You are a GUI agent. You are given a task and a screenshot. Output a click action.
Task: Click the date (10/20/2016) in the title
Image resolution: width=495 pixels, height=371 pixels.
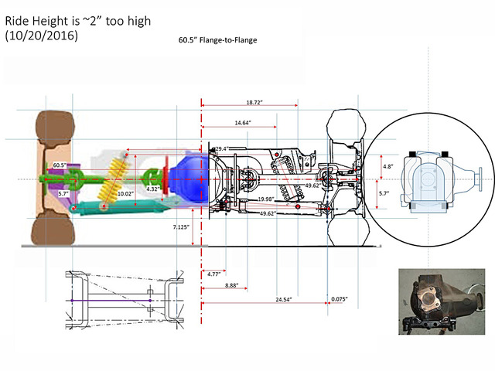point(43,36)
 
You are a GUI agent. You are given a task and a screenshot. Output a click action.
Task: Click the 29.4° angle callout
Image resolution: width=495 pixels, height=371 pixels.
point(221,148)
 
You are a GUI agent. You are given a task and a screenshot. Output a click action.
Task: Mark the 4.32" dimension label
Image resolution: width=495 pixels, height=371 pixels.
point(153,188)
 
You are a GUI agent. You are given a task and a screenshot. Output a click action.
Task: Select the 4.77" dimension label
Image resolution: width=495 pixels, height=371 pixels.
point(213,273)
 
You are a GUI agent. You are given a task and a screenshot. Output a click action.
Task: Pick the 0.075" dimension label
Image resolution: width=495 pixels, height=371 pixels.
point(338,298)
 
